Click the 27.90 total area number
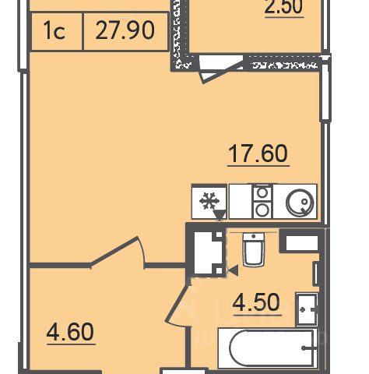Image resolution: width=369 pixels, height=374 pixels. pyautogui.click(x=125, y=30)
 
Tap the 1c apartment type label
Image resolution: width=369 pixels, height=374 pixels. pyautogui.click(x=54, y=30)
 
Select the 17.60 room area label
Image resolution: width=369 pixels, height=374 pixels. pyautogui.click(x=258, y=153)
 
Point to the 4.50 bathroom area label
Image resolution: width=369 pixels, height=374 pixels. pyautogui.click(x=256, y=302)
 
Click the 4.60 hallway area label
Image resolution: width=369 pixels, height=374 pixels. pyautogui.click(x=70, y=332)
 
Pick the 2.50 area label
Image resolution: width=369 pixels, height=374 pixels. pyautogui.click(x=283, y=7)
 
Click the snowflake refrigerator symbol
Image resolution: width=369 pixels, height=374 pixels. pyautogui.click(x=209, y=201)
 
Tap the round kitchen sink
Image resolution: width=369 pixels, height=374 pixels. pyautogui.click(x=300, y=203)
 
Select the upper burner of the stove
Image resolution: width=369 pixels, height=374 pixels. pyautogui.click(x=262, y=192)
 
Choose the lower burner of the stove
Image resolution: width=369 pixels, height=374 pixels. pyautogui.click(x=262, y=210)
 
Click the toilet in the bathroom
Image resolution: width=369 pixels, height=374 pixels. pyautogui.click(x=254, y=249)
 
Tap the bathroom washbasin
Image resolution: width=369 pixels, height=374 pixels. pyautogui.click(x=307, y=309)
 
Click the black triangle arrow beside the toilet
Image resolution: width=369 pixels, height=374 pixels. pyautogui.click(x=233, y=270)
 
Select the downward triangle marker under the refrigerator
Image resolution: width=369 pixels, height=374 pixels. pyautogui.click(x=220, y=215)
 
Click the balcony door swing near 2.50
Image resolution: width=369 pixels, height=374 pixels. pyautogui.click(x=220, y=69)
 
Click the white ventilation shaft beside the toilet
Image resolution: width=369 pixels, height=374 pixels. pyautogui.click(x=208, y=252)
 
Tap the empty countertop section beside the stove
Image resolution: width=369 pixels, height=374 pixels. pyautogui.click(x=241, y=201)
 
